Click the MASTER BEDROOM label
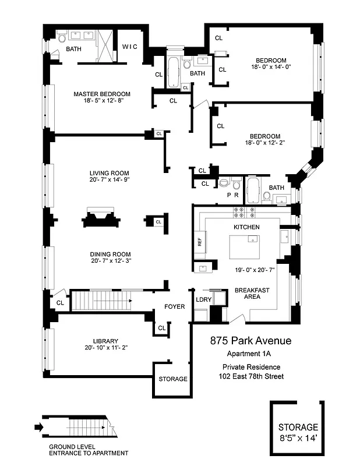(101, 94)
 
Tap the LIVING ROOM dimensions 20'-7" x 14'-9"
(101, 180)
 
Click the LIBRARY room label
(105, 341)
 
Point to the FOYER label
(174, 306)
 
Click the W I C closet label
(129, 47)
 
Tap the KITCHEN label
(246, 227)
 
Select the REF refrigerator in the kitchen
(199, 241)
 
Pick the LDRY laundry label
(203, 299)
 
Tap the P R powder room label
(232, 196)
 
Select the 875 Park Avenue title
(250, 341)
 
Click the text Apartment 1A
(249, 354)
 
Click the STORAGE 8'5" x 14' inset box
(297, 430)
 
